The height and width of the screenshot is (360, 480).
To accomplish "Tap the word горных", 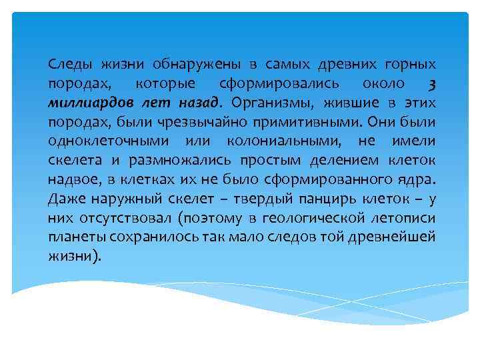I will coord(411,65).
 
